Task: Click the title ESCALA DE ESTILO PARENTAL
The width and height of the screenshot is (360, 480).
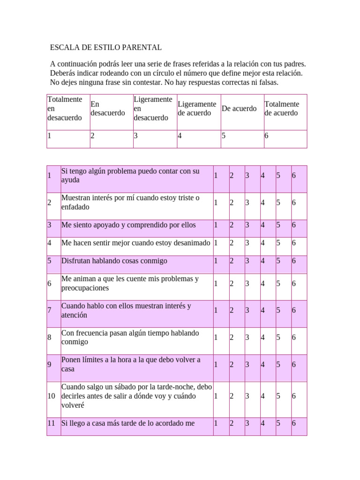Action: click(106, 47)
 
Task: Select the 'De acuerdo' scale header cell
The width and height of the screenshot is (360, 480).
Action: click(239, 109)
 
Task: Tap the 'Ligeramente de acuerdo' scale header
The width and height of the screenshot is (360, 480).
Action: click(196, 109)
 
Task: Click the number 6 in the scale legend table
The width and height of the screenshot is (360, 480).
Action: click(266, 136)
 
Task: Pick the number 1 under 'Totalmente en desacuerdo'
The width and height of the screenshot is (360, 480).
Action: click(49, 136)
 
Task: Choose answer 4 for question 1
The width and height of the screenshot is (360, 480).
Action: click(262, 176)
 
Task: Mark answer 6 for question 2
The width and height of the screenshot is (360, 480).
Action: click(293, 203)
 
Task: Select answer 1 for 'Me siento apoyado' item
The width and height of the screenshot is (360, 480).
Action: click(216, 225)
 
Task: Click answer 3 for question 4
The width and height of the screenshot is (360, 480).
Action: click(247, 243)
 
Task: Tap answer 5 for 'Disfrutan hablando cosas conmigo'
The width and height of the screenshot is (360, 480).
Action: click(278, 261)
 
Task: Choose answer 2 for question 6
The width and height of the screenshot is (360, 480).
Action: click(231, 284)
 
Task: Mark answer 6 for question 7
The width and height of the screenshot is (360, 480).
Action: click(293, 310)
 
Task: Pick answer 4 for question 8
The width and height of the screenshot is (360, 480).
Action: click(262, 337)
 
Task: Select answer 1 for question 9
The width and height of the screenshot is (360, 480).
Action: click(216, 365)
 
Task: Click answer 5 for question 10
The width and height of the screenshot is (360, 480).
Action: click(278, 396)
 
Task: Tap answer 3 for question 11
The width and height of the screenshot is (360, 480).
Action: click(247, 423)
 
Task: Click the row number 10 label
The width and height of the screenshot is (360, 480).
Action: click(52, 396)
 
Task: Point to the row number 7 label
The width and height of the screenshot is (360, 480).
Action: click(49, 310)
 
